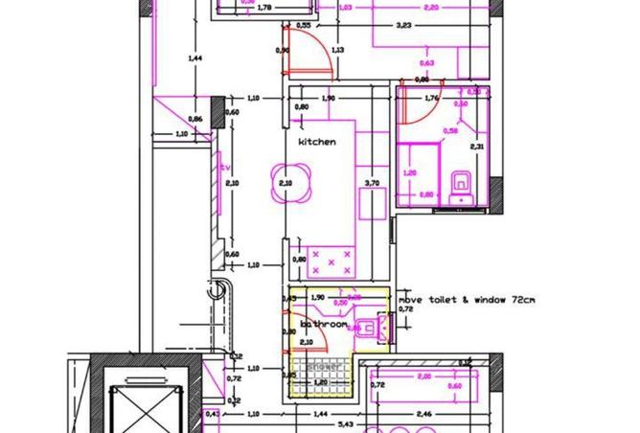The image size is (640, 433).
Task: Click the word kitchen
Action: (x=316, y=142)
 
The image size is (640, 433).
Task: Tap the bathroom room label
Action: (x=324, y=325)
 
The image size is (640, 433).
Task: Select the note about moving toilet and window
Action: (x=467, y=299)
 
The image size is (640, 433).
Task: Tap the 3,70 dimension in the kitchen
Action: (x=373, y=182)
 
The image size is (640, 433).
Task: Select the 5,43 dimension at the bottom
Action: (x=348, y=424)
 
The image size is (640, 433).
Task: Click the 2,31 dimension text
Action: (x=476, y=147)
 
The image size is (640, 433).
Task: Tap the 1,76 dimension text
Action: (x=430, y=98)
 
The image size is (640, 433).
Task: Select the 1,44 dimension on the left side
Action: (x=195, y=58)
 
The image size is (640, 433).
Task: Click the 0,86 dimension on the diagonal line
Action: (x=195, y=119)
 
